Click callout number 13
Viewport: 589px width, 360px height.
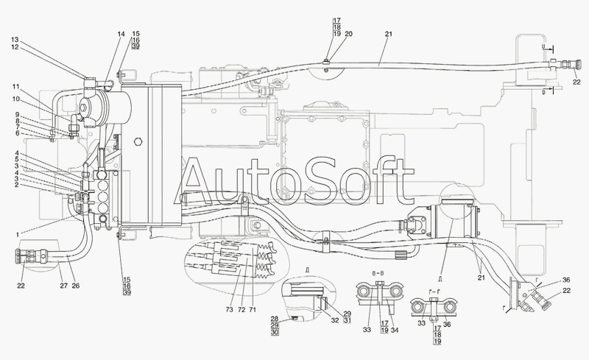[15, 40]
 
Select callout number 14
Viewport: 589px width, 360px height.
[121, 34]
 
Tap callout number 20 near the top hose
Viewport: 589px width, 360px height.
[348, 34]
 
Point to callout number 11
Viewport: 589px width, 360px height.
[15, 86]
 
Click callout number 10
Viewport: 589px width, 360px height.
[15, 99]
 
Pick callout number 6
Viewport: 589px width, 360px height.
[17, 133]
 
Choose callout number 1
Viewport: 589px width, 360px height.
[17, 235]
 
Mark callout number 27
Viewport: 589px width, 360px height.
[63, 286]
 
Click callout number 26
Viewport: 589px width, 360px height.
[76, 286]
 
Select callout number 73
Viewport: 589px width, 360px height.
[229, 310]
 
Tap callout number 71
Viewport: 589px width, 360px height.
[252, 310]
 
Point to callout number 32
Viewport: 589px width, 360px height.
[335, 320]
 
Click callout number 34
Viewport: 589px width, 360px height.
[394, 330]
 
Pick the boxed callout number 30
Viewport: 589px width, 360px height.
[275, 333]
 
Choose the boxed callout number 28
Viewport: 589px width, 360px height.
[275, 320]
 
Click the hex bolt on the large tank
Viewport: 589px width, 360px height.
[138, 141]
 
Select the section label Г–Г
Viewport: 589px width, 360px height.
[434, 292]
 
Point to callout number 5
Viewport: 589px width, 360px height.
[17, 159]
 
